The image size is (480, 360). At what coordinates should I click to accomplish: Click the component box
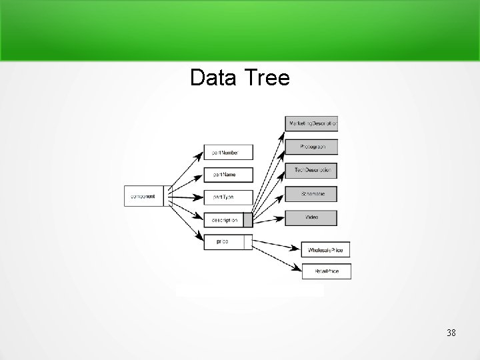point(144,196)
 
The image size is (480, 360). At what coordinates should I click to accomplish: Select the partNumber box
point(221,153)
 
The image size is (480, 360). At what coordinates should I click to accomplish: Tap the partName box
point(221,175)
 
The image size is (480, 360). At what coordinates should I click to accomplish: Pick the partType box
point(221,197)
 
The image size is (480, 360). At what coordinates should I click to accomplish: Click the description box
point(224,219)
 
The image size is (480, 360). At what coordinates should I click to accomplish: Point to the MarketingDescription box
point(311,124)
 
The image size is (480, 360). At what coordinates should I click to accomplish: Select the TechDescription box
point(311,171)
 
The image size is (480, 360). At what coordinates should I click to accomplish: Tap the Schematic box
point(311,194)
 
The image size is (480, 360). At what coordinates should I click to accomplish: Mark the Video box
point(311,217)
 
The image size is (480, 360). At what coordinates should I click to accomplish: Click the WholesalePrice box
point(325,249)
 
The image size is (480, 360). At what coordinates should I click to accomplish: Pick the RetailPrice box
point(326,271)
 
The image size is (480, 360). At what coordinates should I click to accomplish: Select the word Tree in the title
point(267,78)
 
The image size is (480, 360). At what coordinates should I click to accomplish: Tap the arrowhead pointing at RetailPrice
point(297,269)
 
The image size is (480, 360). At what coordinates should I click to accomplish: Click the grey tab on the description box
point(248,219)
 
